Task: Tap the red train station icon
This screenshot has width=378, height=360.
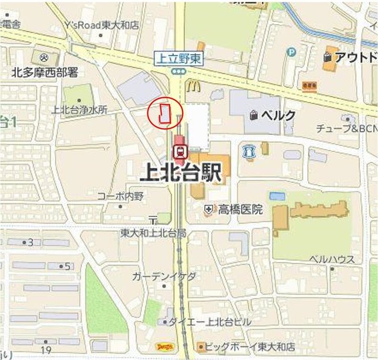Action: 180,151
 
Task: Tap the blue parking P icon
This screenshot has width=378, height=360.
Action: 291,52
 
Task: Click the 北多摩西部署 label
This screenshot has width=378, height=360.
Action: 45,73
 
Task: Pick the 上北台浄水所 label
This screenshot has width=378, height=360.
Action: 79,110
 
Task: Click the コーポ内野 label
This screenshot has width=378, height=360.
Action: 120,196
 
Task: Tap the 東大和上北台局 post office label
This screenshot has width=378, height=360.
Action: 153,232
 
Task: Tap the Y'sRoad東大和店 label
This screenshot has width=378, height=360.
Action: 102,25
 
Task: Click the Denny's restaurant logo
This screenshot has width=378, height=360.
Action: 164,346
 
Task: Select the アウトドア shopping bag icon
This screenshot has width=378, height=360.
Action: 329,56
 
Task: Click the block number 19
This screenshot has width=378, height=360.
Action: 47,350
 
